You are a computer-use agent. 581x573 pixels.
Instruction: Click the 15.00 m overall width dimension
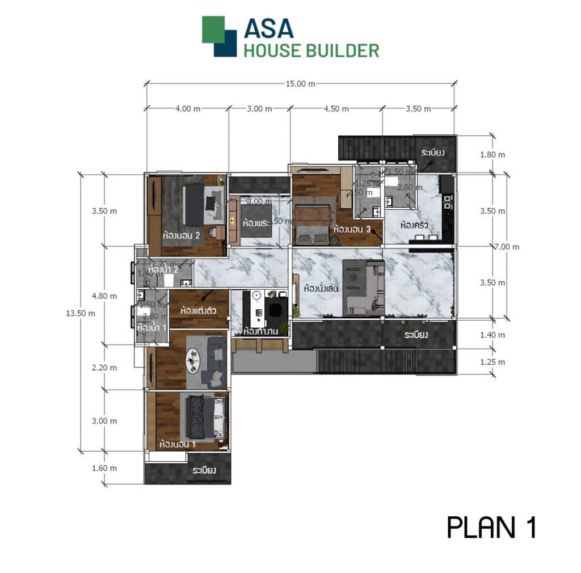click(x=300, y=83)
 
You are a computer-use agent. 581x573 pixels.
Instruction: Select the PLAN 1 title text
click(x=491, y=527)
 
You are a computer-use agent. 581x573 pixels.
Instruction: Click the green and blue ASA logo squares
click(x=219, y=36)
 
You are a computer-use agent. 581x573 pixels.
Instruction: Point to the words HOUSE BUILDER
click(x=311, y=50)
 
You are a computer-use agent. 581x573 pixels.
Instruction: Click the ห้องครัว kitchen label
click(x=414, y=225)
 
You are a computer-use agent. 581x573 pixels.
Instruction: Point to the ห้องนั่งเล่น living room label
click(x=321, y=288)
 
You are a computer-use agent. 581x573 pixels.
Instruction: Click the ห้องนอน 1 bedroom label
click(x=178, y=444)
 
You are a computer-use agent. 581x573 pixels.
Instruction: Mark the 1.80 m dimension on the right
click(x=492, y=154)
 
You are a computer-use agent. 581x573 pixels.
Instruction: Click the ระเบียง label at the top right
click(x=432, y=153)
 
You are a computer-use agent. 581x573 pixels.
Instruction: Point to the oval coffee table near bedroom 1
click(x=195, y=359)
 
